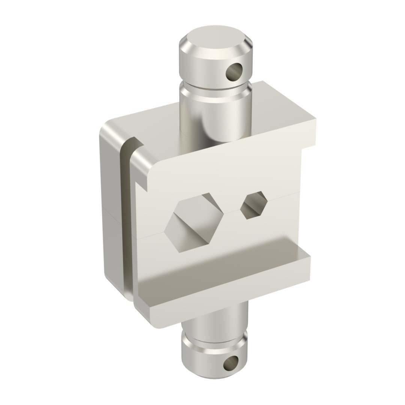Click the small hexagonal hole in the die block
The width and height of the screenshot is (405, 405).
(x=254, y=205)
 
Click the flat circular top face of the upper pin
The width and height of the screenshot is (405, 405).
(x=216, y=37)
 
